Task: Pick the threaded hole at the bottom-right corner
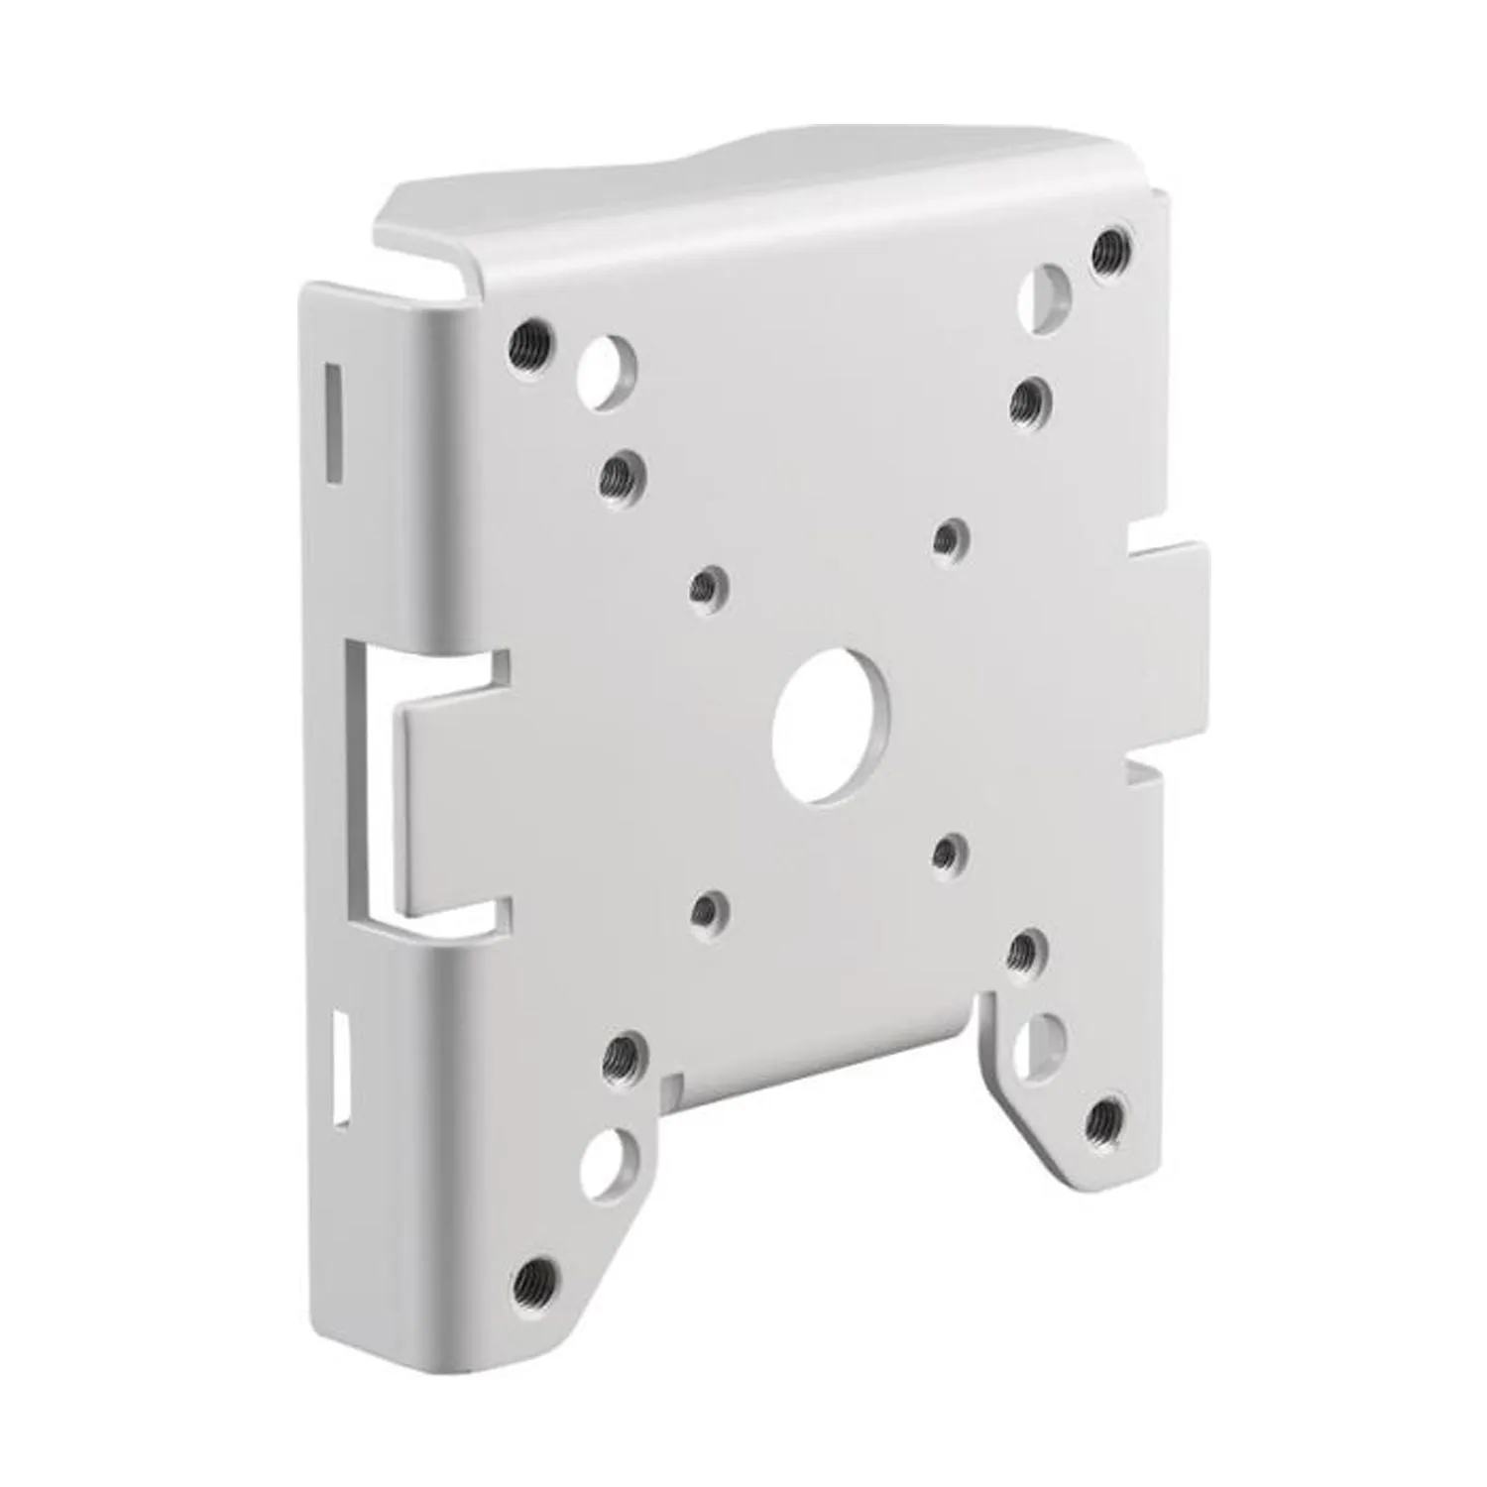(x=1104, y=1121)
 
